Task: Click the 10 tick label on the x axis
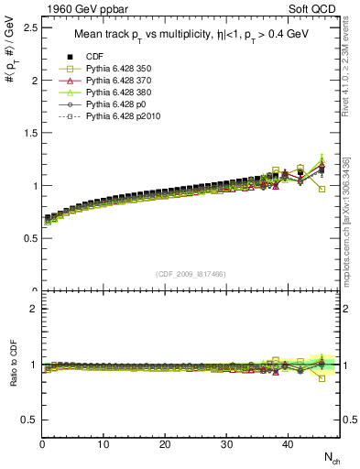point(104,445)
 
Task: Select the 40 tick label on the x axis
point(287,445)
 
